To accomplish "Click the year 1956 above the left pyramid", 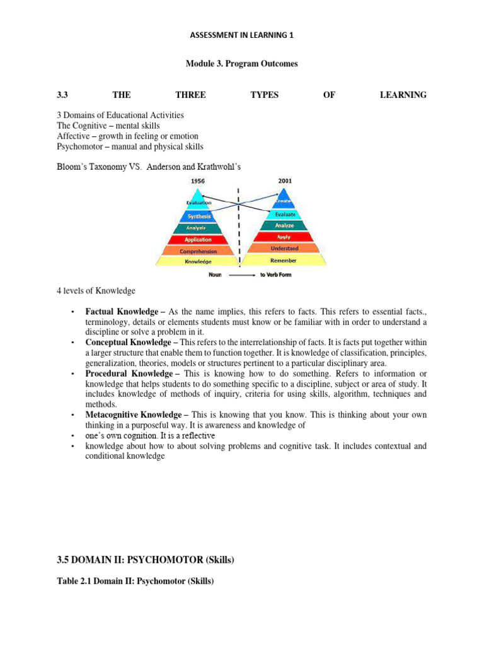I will (198, 181).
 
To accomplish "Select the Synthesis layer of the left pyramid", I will (199, 216).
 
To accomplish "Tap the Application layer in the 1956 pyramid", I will (199, 240).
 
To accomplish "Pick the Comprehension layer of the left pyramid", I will (199, 251).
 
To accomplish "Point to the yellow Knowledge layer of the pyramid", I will (199, 261).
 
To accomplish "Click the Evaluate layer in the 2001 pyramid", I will (284, 214).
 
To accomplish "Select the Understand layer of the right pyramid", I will (284, 249).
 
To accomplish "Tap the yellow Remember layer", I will (284, 260).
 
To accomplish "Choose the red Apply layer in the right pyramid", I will (284, 237).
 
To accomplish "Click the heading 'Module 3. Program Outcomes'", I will (242, 64).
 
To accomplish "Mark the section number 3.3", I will (62, 95).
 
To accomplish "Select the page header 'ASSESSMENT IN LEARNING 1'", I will (242, 36).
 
